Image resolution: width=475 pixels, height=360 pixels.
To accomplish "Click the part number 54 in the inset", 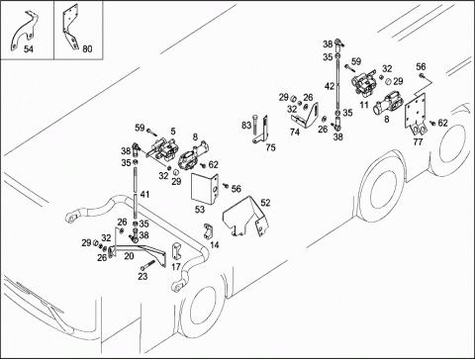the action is (29, 49).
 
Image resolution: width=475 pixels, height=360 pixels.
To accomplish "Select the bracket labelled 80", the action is (70, 27).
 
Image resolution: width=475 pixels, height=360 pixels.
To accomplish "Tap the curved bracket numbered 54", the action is (23, 33).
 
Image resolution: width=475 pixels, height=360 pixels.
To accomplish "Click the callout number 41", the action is (144, 195).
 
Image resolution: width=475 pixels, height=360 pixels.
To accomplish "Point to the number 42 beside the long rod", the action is (330, 86).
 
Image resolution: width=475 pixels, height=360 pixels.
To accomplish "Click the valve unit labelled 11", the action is (363, 82).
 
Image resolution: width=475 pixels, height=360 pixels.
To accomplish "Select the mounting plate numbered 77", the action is (416, 116).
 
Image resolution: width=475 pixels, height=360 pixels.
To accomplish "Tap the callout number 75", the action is (270, 147).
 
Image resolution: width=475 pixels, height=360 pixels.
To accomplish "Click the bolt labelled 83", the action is (254, 127).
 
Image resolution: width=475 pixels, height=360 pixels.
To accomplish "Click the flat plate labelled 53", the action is (205, 188).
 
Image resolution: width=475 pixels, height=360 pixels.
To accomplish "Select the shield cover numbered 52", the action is (245, 216).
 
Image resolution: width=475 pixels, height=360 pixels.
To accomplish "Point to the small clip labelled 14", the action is (208, 231).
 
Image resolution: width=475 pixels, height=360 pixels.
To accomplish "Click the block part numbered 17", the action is (176, 252).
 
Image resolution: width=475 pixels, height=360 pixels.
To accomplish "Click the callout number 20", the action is (129, 256).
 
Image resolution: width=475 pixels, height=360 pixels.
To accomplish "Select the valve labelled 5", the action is (164, 147).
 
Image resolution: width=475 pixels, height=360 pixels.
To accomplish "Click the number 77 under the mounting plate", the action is (418, 142).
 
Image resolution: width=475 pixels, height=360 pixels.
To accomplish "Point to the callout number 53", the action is (200, 210).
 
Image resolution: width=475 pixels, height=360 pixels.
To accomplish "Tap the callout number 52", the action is (265, 203).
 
